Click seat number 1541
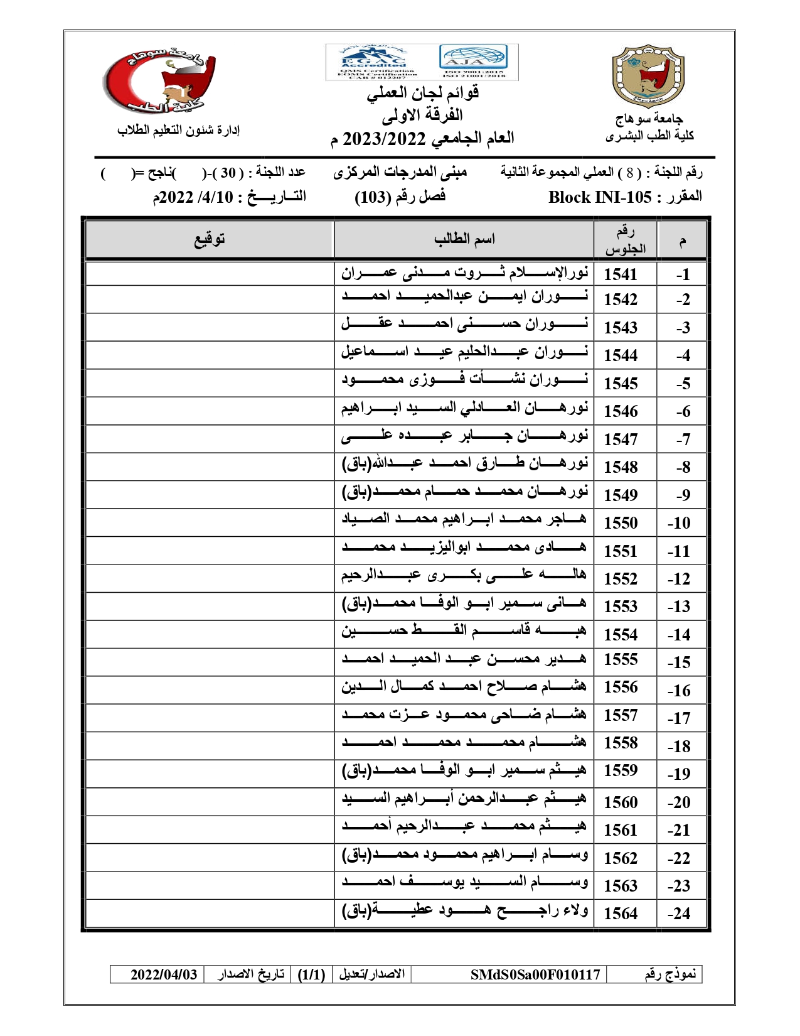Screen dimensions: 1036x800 620,274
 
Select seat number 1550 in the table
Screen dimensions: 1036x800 620,523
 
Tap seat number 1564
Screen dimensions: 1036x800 620,914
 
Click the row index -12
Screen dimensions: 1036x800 679,579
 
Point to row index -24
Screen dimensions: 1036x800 679,914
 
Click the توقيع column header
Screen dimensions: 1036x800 209,239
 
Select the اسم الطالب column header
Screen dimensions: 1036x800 464,239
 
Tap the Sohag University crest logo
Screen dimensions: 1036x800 648,76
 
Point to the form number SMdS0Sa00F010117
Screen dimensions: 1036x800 535,974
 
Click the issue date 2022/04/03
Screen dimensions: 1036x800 164,974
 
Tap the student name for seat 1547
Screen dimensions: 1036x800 464,436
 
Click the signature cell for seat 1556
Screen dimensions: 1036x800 209,690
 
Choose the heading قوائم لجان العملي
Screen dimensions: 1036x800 423,93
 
